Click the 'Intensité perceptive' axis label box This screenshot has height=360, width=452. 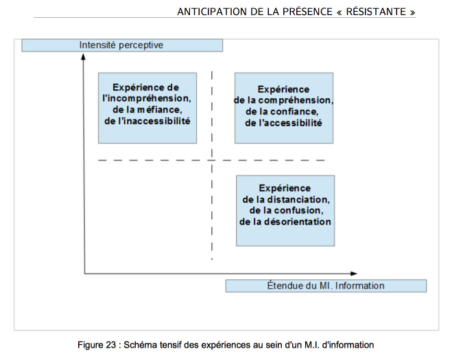[122, 45]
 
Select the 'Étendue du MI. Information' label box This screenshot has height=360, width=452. [326, 286]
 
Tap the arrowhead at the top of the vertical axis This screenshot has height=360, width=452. [83, 57]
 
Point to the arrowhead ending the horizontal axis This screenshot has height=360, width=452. [354, 274]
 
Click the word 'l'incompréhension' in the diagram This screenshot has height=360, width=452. [147, 99]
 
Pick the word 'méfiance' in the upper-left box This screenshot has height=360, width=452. [159, 110]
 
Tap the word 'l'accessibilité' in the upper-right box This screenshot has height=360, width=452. [290, 123]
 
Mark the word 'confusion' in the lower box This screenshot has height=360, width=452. [298, 211]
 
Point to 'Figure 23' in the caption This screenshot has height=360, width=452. [97, 345]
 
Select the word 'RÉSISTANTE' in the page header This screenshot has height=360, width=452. [376, 12]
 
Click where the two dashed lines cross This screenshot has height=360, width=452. [212, 160]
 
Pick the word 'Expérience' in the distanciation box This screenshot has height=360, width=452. [285, 188]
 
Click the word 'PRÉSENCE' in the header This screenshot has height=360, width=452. [307, 12]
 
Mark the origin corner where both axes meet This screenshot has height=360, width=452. [84, 273]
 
